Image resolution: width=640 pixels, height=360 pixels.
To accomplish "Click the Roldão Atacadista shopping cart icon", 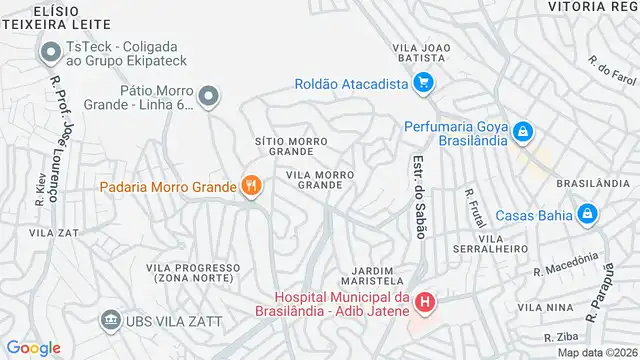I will [x=423, y=83].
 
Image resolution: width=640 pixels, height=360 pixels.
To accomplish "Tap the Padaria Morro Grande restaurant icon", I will [x=250, y=186].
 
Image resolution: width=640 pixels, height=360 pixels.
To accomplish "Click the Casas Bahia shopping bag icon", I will [x=588, y=212].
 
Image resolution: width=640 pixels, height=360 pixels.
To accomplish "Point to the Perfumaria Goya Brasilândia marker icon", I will [x=521, y=132].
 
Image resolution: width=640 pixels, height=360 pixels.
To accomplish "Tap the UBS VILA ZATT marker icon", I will [x=108, y=321].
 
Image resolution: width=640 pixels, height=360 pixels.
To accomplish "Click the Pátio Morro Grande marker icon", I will [x=208, y=97].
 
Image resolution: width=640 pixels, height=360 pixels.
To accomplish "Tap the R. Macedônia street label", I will [x=571, y=265].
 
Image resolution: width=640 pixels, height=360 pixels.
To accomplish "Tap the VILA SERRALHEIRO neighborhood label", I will [x=502, y=245].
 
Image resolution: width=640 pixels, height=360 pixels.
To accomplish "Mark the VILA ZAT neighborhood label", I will [x=54, y=232].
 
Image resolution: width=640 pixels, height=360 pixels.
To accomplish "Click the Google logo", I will [x=33, y=347].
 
